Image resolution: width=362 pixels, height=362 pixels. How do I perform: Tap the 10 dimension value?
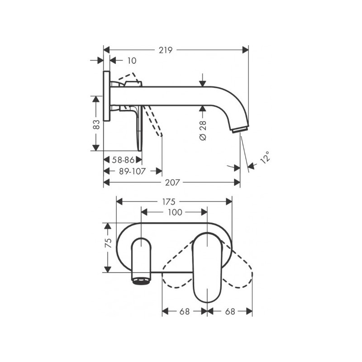[132, 60]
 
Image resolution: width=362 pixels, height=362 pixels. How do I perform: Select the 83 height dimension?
[96, 123]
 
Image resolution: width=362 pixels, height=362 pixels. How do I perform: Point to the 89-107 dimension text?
[131, 171]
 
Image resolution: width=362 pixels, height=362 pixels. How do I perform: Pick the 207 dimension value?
[173, 182]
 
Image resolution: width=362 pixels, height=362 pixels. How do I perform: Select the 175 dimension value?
[175, 201]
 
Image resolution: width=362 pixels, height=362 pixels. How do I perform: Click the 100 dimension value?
[175, 212]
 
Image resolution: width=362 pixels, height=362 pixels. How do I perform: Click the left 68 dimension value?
[184, 311]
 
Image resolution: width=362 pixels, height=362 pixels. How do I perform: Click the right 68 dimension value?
[229, 311]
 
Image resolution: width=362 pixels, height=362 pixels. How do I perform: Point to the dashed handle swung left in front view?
[177, 271]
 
